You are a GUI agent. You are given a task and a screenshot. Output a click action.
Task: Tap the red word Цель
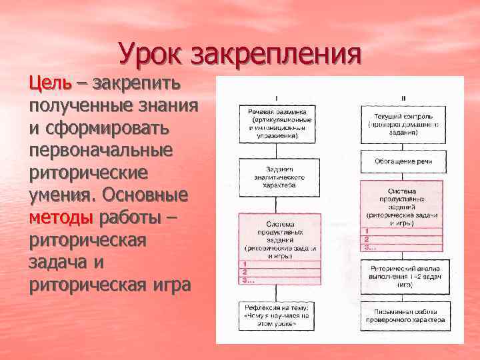tap(49, 85)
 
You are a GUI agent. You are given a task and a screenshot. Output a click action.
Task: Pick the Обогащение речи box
tap(403, 162)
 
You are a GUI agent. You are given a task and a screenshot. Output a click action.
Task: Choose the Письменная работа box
tap(403, 315)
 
